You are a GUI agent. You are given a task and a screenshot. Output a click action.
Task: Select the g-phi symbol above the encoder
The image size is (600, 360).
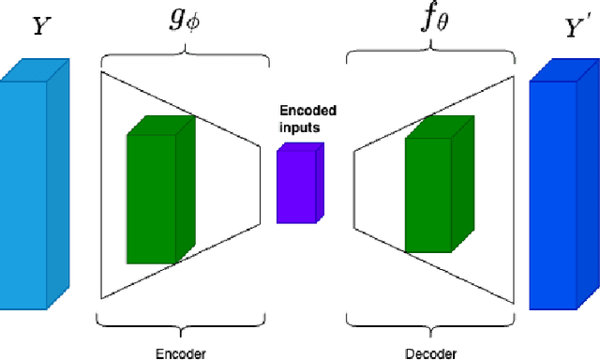point(179,21)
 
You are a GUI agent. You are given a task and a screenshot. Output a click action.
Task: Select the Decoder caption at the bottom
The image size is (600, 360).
point(429,353)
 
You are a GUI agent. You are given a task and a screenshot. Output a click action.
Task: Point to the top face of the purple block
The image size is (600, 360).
point(302,147)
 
